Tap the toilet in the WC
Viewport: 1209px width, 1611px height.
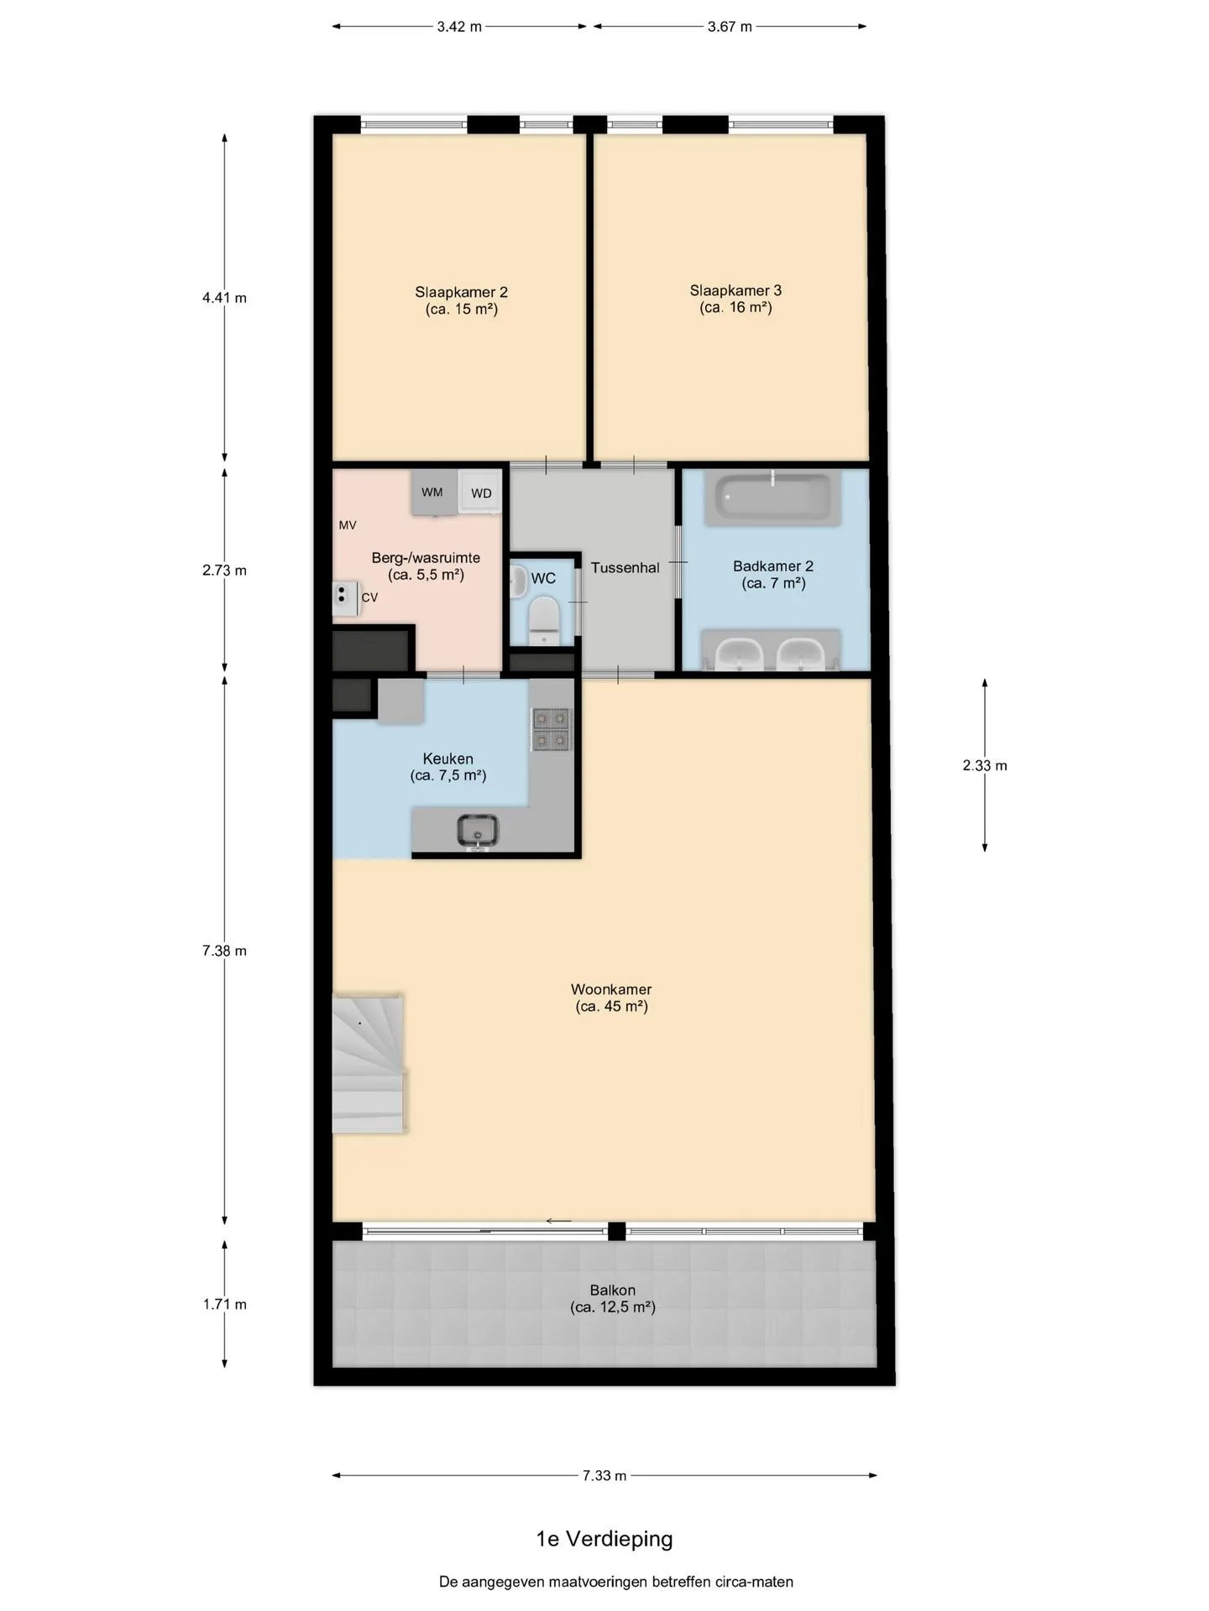[544, 619]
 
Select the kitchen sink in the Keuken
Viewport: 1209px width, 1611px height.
[478, 832]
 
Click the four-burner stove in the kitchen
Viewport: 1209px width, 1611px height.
[551, 729]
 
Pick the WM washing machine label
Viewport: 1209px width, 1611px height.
[432, 493]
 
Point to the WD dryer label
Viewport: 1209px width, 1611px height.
[481, 493]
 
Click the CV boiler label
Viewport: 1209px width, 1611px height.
[369, 597]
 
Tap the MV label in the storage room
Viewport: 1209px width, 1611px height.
[348, 525]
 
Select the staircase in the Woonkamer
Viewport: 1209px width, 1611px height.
[369, 1064]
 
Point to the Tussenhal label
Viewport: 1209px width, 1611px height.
[625, 568]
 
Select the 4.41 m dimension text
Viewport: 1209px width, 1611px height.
[224, 298]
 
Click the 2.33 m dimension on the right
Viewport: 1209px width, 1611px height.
[985, 765]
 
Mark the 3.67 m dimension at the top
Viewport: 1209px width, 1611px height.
[730, 27]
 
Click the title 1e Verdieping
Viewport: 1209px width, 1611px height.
[604, 1539]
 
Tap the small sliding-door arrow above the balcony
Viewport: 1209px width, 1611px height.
[558, 1221]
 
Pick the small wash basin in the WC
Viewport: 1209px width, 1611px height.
[517, 581]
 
